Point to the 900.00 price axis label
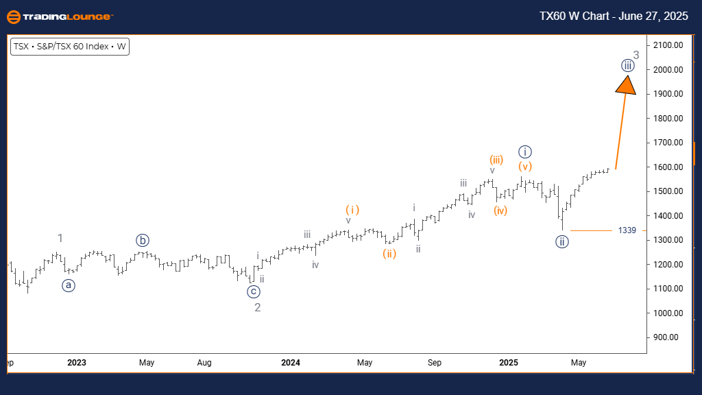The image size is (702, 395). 666,337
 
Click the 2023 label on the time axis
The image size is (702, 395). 77,362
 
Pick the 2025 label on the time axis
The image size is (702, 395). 509,362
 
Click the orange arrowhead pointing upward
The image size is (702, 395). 626,84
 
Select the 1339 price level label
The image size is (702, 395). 627,230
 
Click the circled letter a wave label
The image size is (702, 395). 69,285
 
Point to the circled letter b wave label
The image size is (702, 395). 143,240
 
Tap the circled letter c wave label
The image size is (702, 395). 254,291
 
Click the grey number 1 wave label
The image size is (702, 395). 60,239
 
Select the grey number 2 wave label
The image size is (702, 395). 258,307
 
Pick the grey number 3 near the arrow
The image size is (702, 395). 636,55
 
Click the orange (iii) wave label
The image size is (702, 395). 496,160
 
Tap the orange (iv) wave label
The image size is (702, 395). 500,210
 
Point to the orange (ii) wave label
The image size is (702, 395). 389,254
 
